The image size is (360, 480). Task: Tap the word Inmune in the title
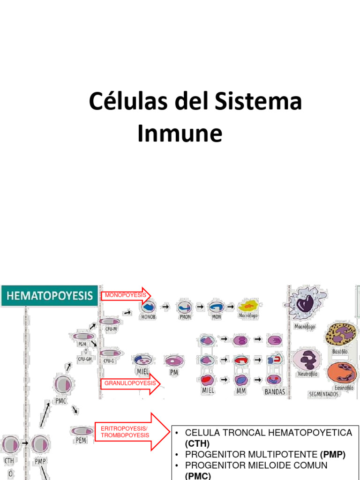(180, 134)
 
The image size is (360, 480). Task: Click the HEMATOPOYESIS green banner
(50, 296)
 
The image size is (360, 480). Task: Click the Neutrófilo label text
(308, 374)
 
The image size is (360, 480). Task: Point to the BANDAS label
(275, 392)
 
